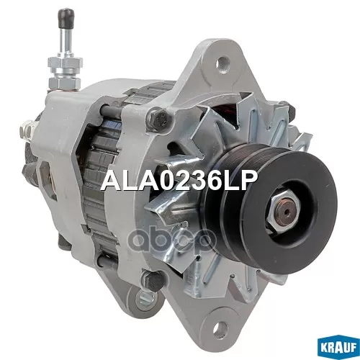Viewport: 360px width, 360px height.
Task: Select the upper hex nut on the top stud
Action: [66, 63]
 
